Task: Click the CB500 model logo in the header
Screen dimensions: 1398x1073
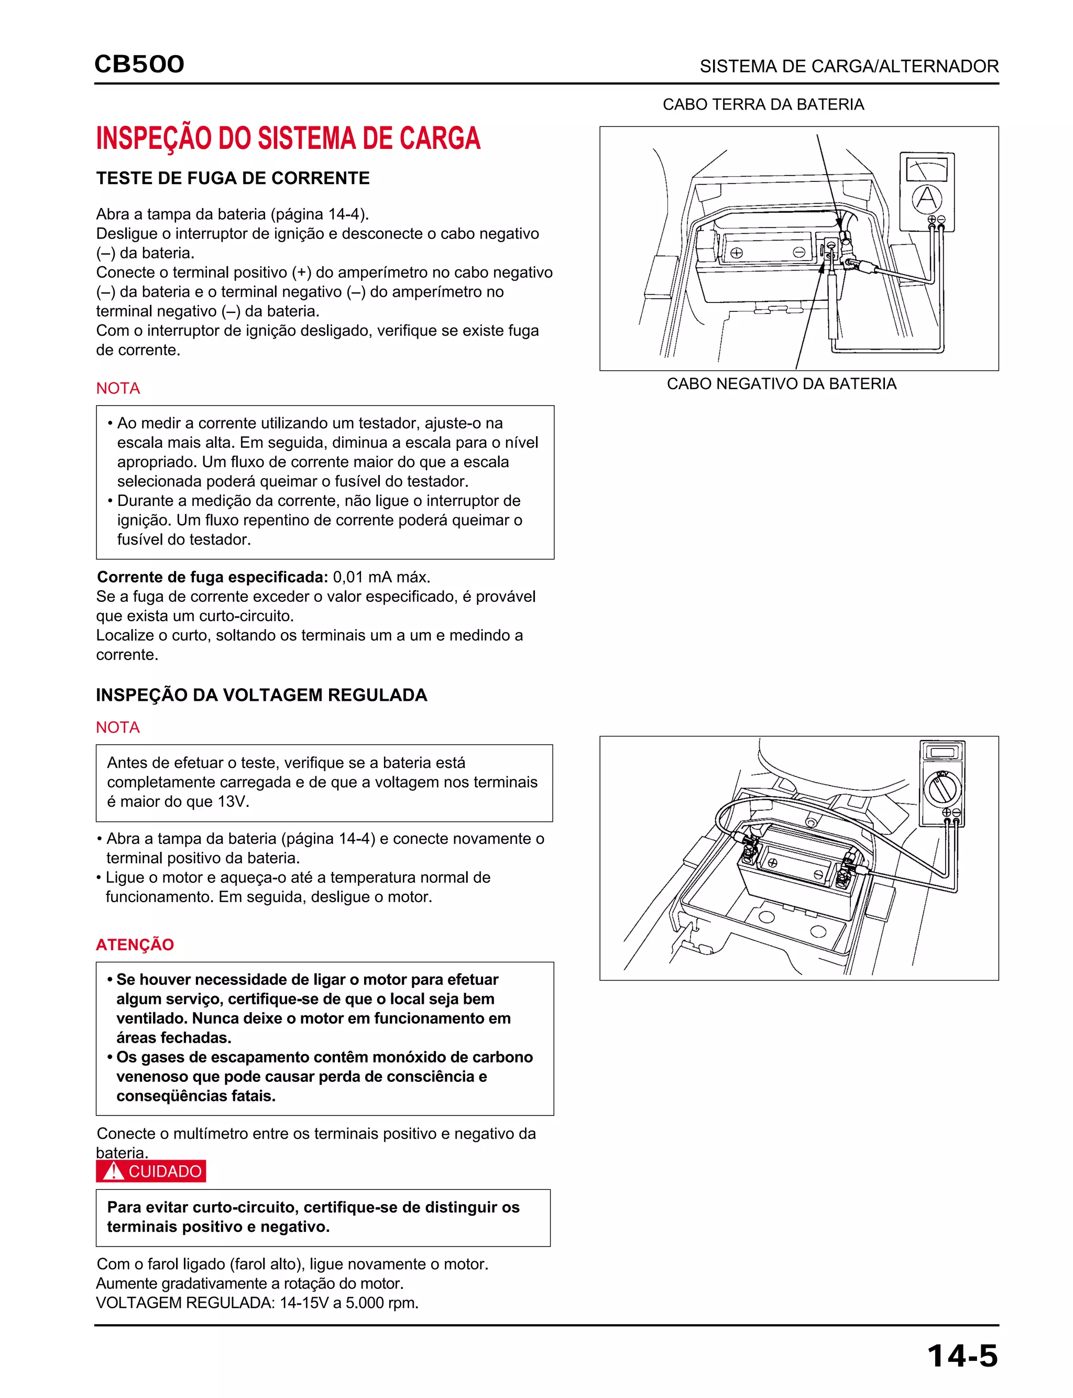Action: pyautogui.click(x=139, y=64)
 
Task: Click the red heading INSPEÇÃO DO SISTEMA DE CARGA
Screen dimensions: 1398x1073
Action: pyautogui.click(x=288, y=139)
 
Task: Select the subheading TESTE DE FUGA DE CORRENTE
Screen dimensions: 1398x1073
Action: pyautogui.click(x=233, y=178)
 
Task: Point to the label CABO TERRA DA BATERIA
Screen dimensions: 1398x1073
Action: pyautogui.click(x=763, y=104)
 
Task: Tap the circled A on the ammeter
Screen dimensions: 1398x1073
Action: pyautogui.click(x=926, y=199)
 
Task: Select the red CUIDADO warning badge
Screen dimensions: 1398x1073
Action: pyautogui.click(x=151, y=1171)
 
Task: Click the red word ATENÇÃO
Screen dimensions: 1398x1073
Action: pyautogui.click(x=135, y=945)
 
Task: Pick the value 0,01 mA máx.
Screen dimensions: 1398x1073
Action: pyautogui.click(x=381, y=577)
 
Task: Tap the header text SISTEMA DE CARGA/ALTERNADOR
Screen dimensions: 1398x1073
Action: pyautogui.click(x=849, y=67)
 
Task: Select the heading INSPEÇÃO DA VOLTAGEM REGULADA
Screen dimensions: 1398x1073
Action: pyautogui.click(x=261, y=695)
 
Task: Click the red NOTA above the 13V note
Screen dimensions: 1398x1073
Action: pyautogui.click(x=117, y=727)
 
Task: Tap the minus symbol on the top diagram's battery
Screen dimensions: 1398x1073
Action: pyautogui.click(x=798, y=252)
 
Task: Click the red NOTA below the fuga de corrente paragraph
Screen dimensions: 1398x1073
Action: pyautogui.click(x=117, y=388)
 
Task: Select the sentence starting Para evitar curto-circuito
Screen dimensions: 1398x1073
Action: pyautogui.click(x=313, y=1217)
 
